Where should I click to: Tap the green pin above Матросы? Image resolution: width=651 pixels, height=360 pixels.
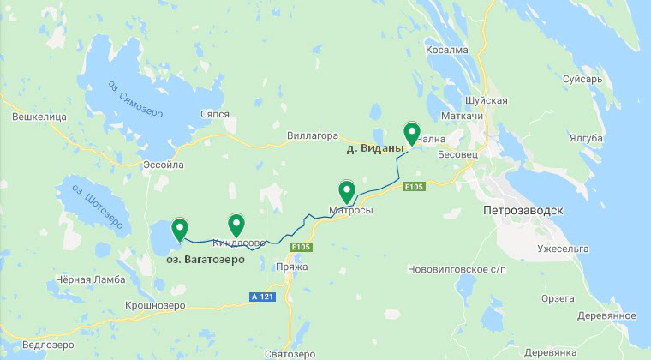347,191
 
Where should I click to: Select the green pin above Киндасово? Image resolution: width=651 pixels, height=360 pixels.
236,224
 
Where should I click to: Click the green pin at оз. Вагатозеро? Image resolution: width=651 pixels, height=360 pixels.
180,229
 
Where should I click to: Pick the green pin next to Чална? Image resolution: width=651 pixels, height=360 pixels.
411,134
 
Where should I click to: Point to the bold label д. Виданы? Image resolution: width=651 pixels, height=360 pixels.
374,149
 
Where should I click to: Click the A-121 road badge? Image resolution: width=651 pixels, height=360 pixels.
262,297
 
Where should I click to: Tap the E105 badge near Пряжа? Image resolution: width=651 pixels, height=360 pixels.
299,247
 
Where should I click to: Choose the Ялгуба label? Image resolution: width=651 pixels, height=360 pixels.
586,138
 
